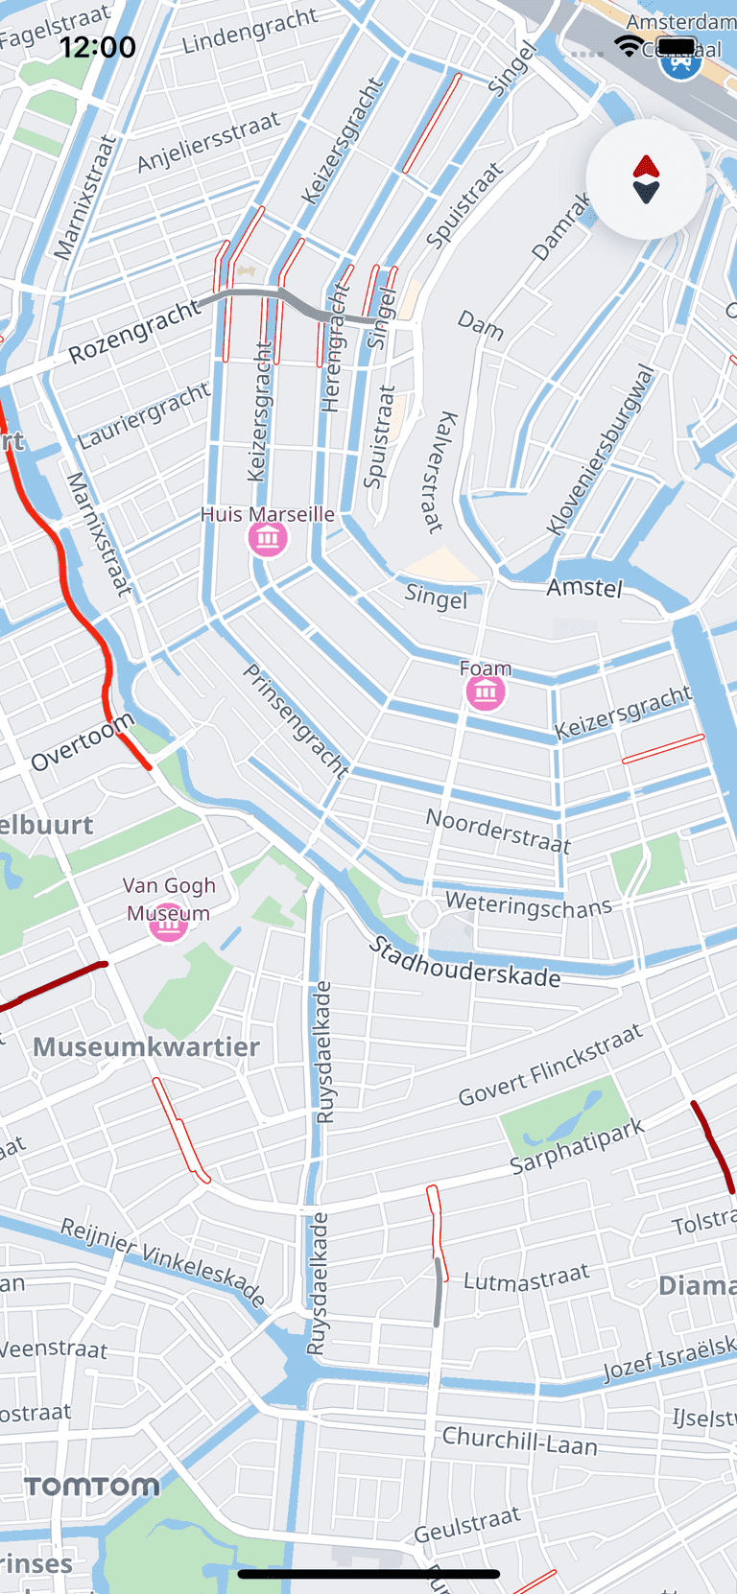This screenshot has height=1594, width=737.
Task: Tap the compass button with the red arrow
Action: (x=646, y=179)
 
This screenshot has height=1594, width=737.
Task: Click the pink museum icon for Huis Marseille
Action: (x=268, y=537)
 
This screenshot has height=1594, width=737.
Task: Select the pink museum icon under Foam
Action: (x=486, y=692)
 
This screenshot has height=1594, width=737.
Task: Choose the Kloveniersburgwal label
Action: (x=601, y=451)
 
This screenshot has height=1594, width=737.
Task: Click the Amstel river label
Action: (x=584, y=587)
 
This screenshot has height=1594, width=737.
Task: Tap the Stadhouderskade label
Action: (x=464, y=963)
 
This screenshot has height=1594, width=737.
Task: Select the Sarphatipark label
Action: (x=577, y=1145)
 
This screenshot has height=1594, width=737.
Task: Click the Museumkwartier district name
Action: (x=146, y=1046)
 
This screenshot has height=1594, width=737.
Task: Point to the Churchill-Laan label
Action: (x=519, y=1441)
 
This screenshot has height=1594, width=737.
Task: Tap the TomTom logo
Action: (x=92, y=1487)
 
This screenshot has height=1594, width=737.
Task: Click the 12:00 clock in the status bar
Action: (x=98, y=47)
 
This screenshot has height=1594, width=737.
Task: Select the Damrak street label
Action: (x=562, y=226)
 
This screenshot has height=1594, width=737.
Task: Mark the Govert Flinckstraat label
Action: (x=550, y=1066)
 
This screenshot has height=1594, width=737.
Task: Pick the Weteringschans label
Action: (x=528, y=904)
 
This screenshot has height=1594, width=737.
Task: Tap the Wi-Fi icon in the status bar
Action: (x=630, y=46)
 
